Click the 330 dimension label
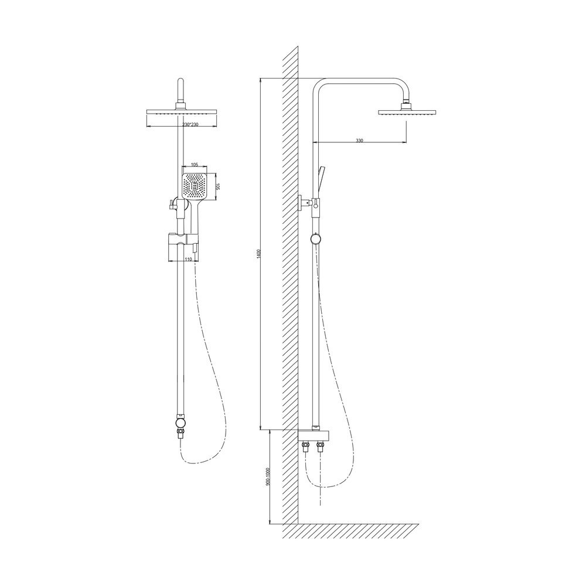pos(359,141)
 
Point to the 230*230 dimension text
pos(190,124)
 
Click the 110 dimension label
pos(188,259)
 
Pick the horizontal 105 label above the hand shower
pos(195,165)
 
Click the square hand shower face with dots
pos(195,186)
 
